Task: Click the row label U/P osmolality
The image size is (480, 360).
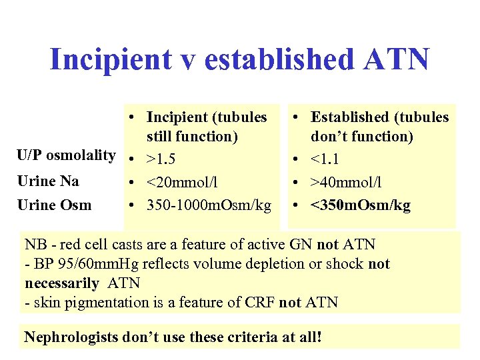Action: point(66,155)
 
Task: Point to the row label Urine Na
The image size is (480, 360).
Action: point(48,181)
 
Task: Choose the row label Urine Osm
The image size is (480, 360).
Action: point(54,205)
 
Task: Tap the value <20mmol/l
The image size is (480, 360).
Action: point(183,182)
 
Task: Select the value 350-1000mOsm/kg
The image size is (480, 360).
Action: point(209,205)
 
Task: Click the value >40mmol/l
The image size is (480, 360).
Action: point(347,182)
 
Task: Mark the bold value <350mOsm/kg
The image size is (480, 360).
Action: point(361,205)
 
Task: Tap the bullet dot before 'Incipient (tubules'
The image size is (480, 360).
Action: point(133,118)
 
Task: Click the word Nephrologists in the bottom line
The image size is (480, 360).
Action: point(71,337)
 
